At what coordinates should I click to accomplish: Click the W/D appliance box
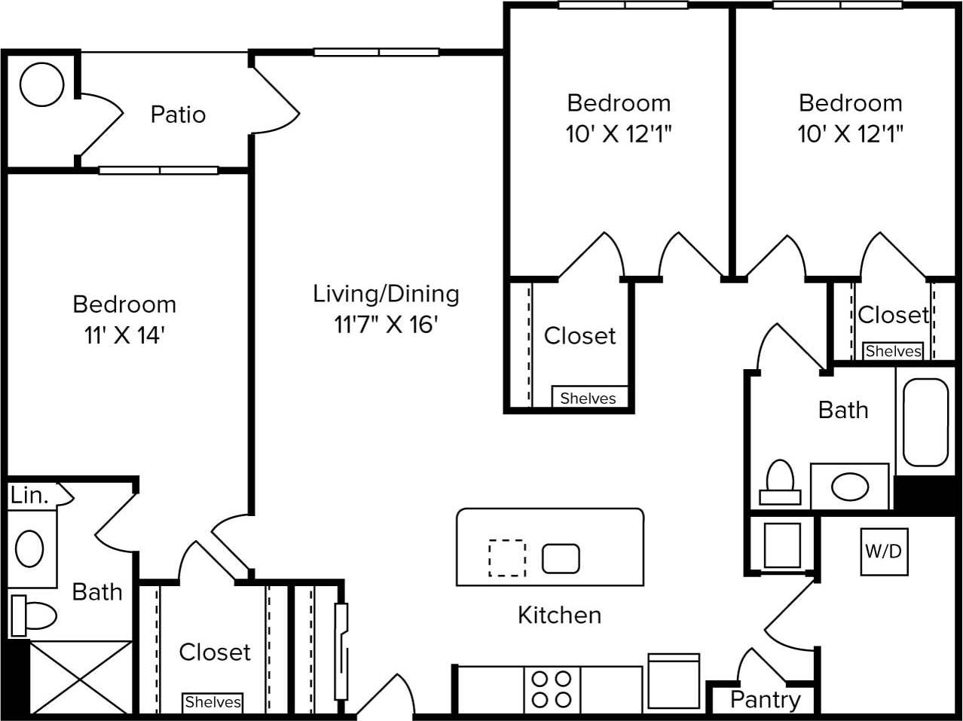883,551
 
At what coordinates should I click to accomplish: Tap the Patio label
178,115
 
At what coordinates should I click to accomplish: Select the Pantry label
765,700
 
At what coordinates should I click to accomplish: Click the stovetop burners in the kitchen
552,689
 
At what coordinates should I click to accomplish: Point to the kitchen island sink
561,558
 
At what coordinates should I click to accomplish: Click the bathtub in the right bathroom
925,422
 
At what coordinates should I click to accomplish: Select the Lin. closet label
30,496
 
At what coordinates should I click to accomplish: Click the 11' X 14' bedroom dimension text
124,335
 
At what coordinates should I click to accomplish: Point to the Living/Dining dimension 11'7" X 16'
387,325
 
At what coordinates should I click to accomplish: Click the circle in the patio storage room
41,84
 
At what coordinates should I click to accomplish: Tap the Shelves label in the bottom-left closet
213,702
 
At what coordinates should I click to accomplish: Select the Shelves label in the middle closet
588,399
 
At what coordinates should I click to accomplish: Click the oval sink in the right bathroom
850,487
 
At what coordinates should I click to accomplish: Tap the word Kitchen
559,615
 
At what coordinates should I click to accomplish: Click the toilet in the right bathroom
780,483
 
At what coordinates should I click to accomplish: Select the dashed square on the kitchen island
507,558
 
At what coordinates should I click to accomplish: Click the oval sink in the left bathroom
30,548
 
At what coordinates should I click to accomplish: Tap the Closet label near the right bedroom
893,314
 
